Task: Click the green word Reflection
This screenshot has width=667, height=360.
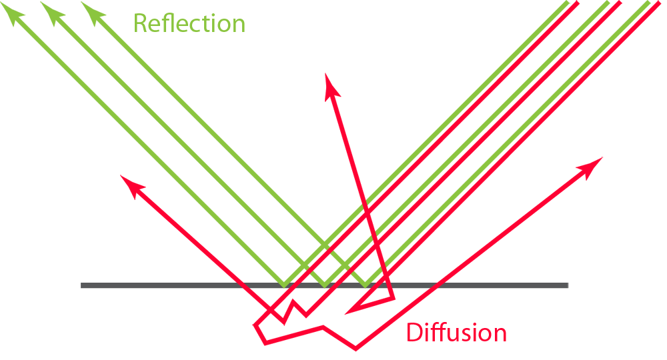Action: (x=189, y=23)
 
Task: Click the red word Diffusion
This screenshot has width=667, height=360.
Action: (x=457, y=332)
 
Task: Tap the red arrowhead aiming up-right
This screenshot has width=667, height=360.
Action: (x=593, y=165)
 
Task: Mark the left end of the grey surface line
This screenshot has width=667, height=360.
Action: (x=83, y=286)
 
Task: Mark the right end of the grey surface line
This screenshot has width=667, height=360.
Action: (x=568, y=286)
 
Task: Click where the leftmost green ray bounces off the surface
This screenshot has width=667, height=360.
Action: (x=284, y=285)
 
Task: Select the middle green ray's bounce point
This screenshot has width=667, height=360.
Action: (x=325, y=285)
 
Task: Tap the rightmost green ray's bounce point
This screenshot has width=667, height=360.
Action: (x=365, y=285)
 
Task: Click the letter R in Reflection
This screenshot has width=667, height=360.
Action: (x=140, y=23)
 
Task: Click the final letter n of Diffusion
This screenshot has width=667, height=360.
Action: (x=500, y=333)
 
